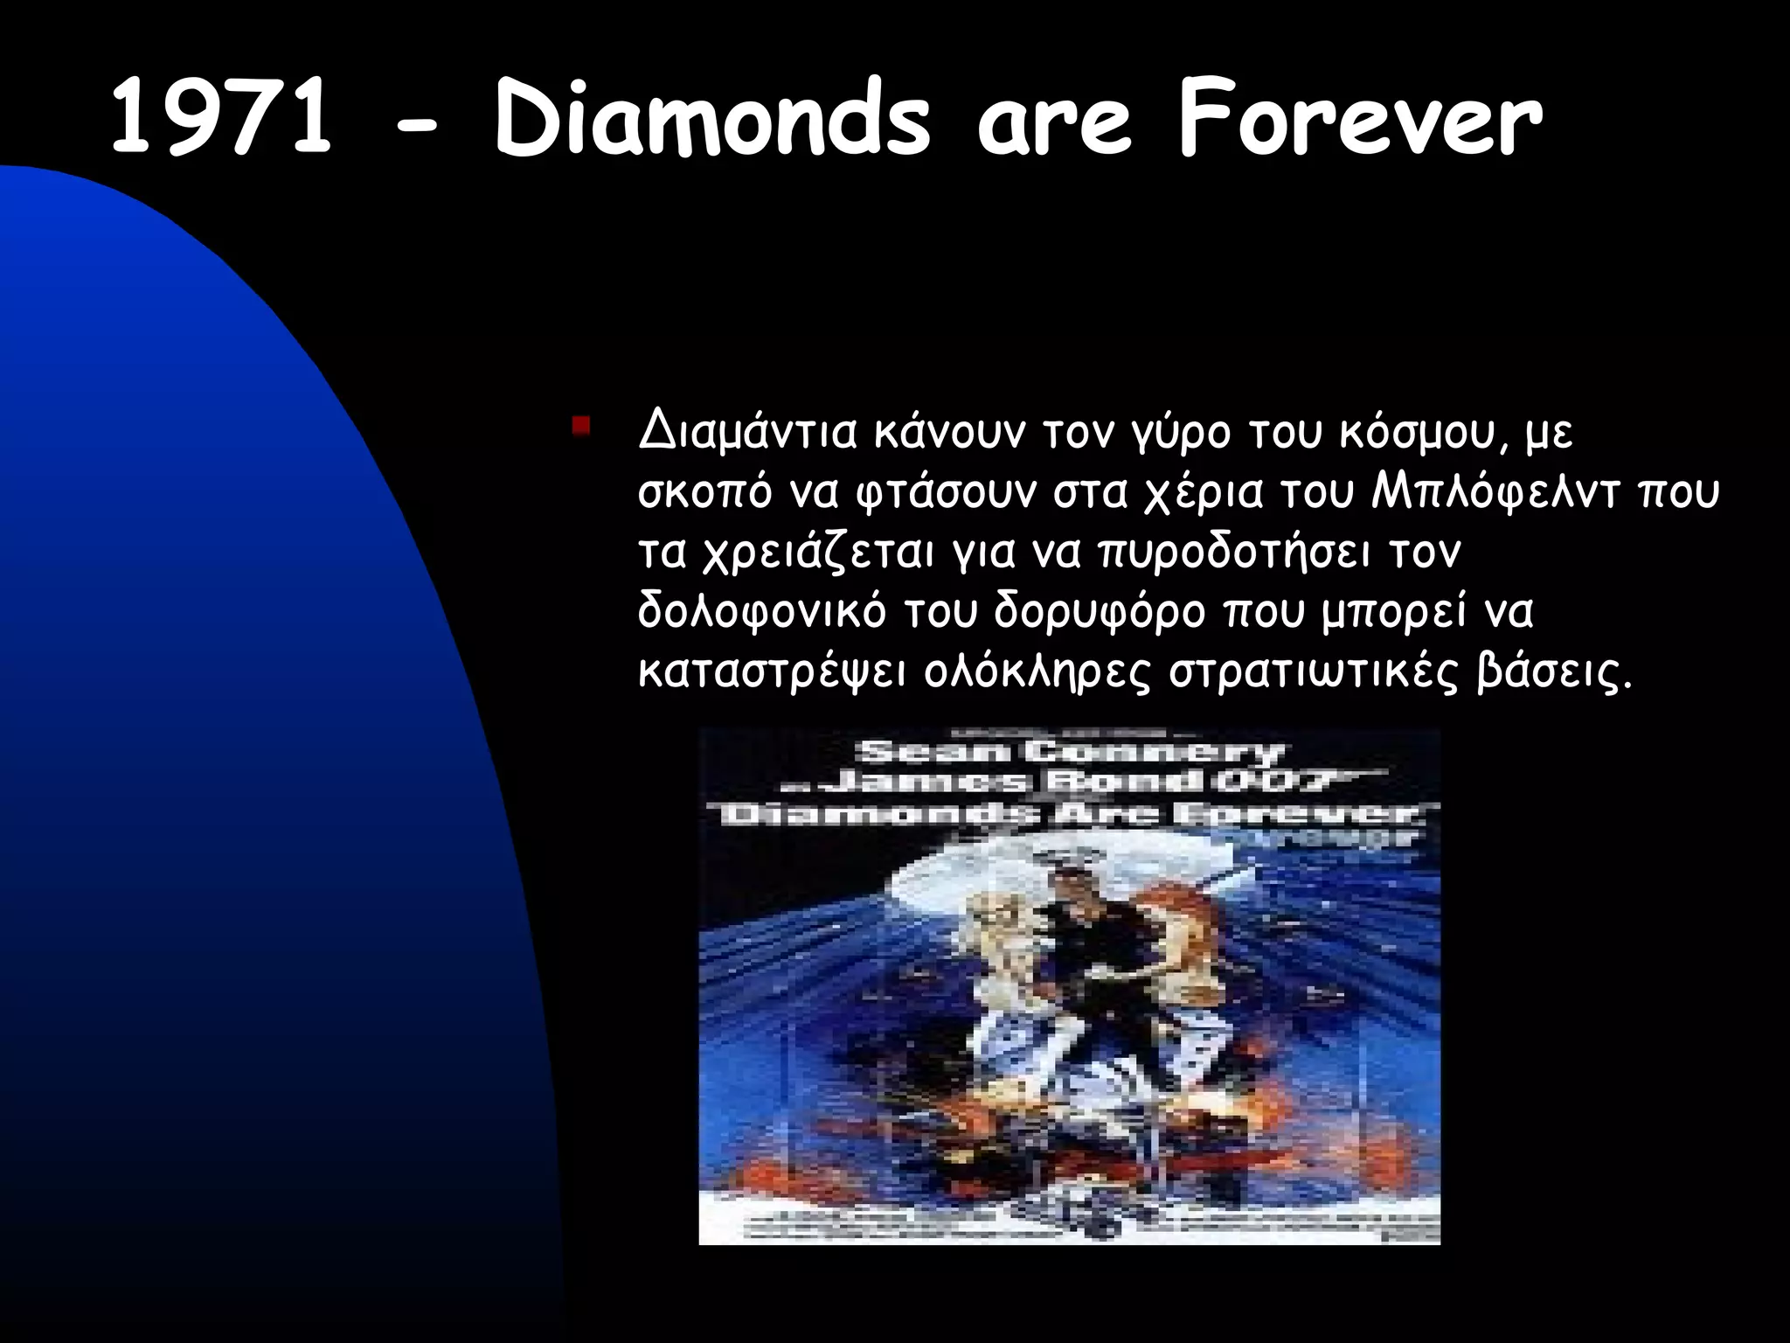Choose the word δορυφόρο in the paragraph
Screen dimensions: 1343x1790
[x=1099, y=613]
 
